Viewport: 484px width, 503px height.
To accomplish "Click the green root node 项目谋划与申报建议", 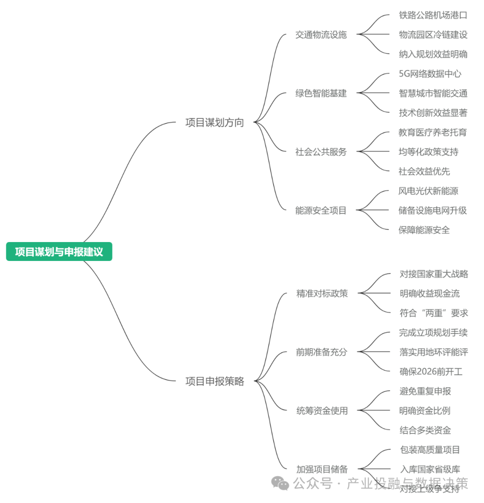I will (x=59, y=251).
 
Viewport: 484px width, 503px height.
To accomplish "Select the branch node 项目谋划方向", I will (x=215, y=122).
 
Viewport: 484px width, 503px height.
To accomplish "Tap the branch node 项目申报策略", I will (x=215, y=381).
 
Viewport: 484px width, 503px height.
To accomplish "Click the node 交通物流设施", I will (x=321, y=35).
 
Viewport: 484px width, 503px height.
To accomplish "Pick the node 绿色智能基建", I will (x=321, y=93).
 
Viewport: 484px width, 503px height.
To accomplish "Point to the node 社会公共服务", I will (x=321, y=152).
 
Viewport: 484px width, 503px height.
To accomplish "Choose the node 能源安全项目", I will (x=321, y=210).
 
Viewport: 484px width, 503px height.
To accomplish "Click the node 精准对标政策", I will (x=322, y=293).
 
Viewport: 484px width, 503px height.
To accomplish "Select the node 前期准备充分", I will (x=321, y=352).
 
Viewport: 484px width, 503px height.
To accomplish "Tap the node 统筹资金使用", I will (x=322, y=411).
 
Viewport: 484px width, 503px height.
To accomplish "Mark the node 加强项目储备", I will (x=322, y=469).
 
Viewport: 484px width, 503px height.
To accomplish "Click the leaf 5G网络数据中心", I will (x=430, y=74).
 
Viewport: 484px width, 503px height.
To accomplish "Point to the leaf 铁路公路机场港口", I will (x=433, y=15).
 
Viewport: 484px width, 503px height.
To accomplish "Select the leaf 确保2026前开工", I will (x=431, y=372).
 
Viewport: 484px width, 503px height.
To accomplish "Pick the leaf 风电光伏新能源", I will (x=428, y=191).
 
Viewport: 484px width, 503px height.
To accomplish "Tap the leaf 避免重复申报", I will (x=425, y=391).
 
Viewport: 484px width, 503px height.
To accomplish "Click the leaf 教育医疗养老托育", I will (x=432, y=132).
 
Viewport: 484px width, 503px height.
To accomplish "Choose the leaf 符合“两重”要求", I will (x=433, y=313).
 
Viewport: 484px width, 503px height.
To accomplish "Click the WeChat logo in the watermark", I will (x=281, y=483).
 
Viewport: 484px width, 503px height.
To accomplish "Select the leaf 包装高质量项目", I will (x=430, y=450).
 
